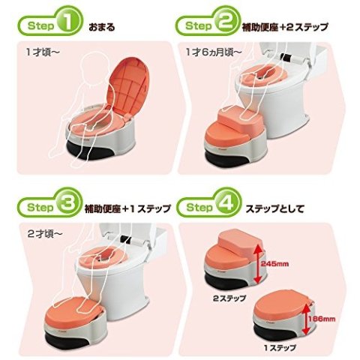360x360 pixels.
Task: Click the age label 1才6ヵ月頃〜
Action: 209,55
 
